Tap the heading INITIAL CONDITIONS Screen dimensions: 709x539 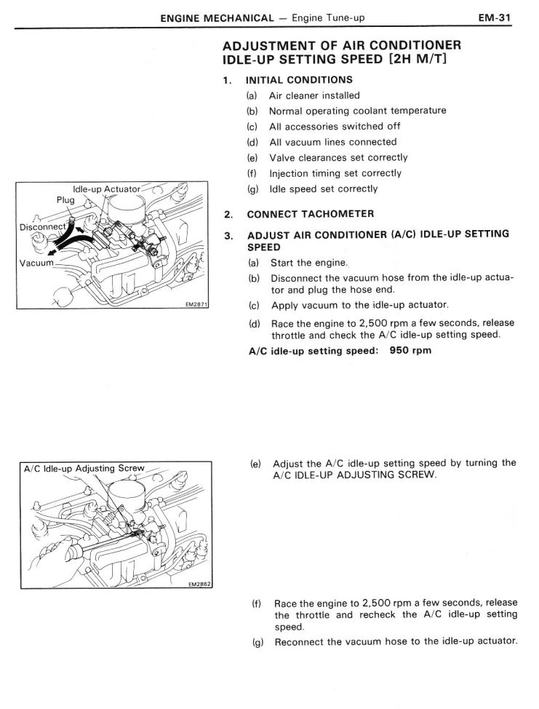coord(300,79)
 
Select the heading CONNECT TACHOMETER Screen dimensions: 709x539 coord(311,214)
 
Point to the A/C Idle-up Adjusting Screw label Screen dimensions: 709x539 coord(84,468)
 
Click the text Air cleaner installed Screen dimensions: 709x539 coord(314,95)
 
